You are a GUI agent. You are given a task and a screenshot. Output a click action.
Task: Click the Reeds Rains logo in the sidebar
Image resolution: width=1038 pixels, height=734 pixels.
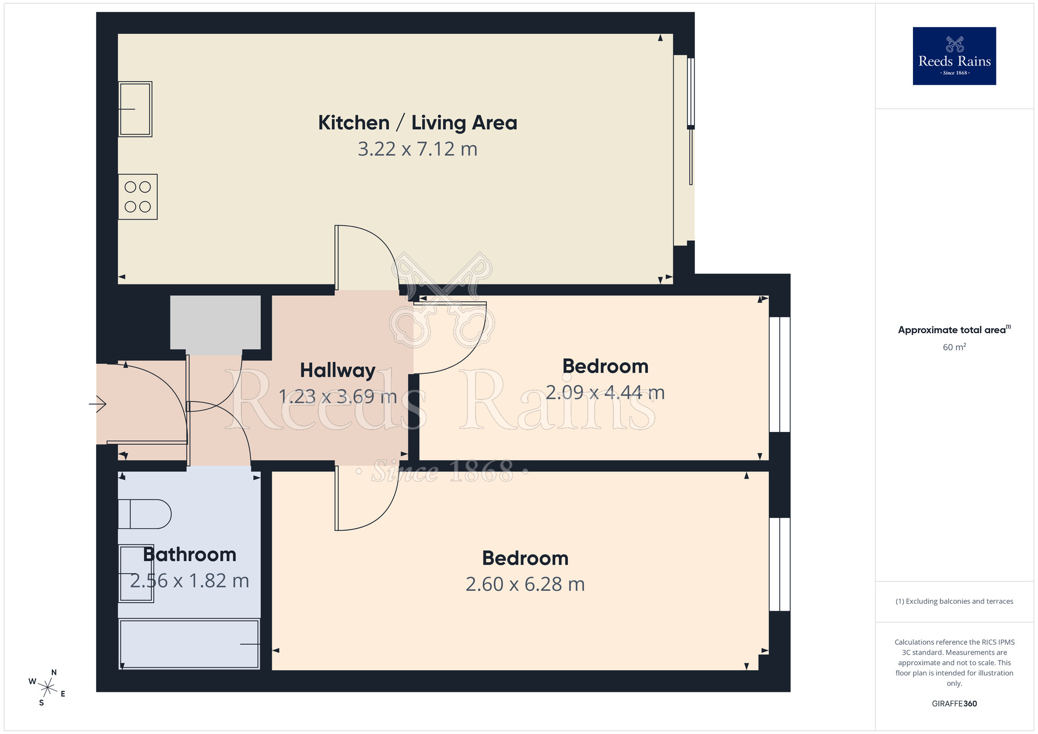[954, 56]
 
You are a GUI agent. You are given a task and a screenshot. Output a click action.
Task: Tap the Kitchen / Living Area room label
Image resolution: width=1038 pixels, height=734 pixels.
[417, 123]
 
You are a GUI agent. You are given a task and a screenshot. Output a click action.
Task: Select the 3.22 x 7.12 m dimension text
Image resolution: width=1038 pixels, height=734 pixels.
[417, 149]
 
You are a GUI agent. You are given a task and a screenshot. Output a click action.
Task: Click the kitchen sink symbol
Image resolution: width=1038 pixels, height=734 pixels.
[135, 109]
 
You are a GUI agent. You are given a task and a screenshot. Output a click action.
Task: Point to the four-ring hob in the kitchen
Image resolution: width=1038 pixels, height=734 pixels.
[138, 197]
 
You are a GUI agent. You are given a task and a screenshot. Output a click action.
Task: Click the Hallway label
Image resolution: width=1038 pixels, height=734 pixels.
[337, 371]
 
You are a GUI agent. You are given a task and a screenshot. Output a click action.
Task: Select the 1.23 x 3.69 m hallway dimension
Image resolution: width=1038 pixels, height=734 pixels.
[337, 397]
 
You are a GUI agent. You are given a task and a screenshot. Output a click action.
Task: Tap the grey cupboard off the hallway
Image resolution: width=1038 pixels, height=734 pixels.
[215, 322]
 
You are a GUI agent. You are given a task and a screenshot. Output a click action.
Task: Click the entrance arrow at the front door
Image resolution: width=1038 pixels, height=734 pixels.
[98, 403]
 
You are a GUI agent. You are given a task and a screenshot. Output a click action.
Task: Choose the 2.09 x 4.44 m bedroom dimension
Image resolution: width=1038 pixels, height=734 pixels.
[605, 393]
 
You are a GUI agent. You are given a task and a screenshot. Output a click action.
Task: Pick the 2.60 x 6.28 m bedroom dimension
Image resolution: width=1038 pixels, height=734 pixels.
[525, 585]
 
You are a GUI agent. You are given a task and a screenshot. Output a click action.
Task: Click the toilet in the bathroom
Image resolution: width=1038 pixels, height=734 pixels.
[144, 514]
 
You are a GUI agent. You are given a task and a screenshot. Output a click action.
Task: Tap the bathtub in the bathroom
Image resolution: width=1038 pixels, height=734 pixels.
[189, 644]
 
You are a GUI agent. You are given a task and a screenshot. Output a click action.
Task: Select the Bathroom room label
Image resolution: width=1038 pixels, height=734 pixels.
[189, 554]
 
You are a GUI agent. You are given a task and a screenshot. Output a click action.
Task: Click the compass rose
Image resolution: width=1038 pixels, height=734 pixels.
[48, 688]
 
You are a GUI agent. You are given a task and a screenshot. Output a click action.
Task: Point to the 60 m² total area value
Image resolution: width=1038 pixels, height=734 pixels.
[954, 347]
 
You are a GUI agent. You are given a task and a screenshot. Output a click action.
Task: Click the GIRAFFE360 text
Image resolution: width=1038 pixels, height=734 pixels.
[954, 704]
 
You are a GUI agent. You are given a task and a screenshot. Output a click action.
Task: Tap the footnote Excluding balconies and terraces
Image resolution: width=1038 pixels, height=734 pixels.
[954, 602]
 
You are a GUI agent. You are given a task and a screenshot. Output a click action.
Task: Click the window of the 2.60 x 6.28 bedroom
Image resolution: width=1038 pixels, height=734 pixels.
[779, 564]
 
